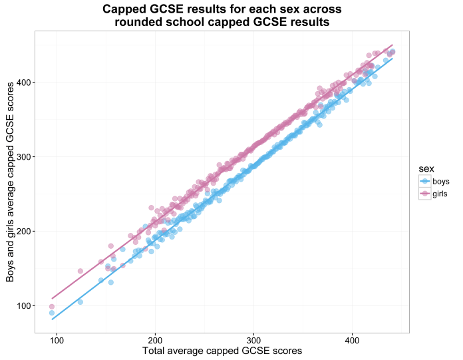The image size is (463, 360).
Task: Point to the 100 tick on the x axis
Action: [x=57, y=338]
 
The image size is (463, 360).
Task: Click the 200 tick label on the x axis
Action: [x=156, y=338]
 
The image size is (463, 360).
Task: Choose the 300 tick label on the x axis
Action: [x=254, y=338]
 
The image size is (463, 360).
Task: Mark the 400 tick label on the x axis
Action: [x=353, y=338]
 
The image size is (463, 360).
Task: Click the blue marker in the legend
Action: [x=424, y=182]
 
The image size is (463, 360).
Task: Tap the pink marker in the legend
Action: [x=424, y=194]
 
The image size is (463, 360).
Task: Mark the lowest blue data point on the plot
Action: [x=51, y=313]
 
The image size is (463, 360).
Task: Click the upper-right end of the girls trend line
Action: [x=393, y=45]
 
